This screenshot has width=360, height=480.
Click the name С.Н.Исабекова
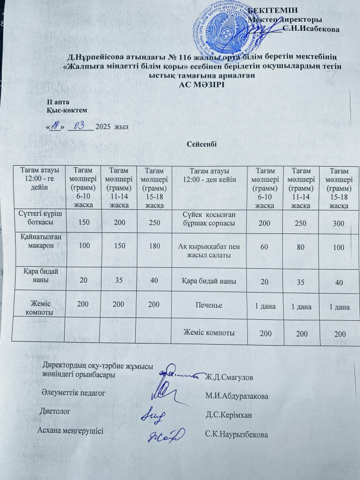pos(311,29)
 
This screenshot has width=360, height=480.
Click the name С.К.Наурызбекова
pos(237,435)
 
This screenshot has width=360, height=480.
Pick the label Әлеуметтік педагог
pos(72,392)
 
